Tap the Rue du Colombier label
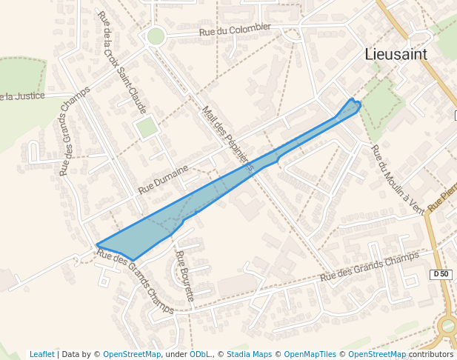[x=236, y=30]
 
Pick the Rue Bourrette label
[x=184, y=275]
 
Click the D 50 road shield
[x=440, y=274]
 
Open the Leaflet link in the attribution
[x=41, y=354]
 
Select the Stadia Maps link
[x=249, y=354]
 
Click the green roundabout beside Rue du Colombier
[x=156, y=36]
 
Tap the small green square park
[x=147, y=127]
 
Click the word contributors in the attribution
[x=431, y=354]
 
